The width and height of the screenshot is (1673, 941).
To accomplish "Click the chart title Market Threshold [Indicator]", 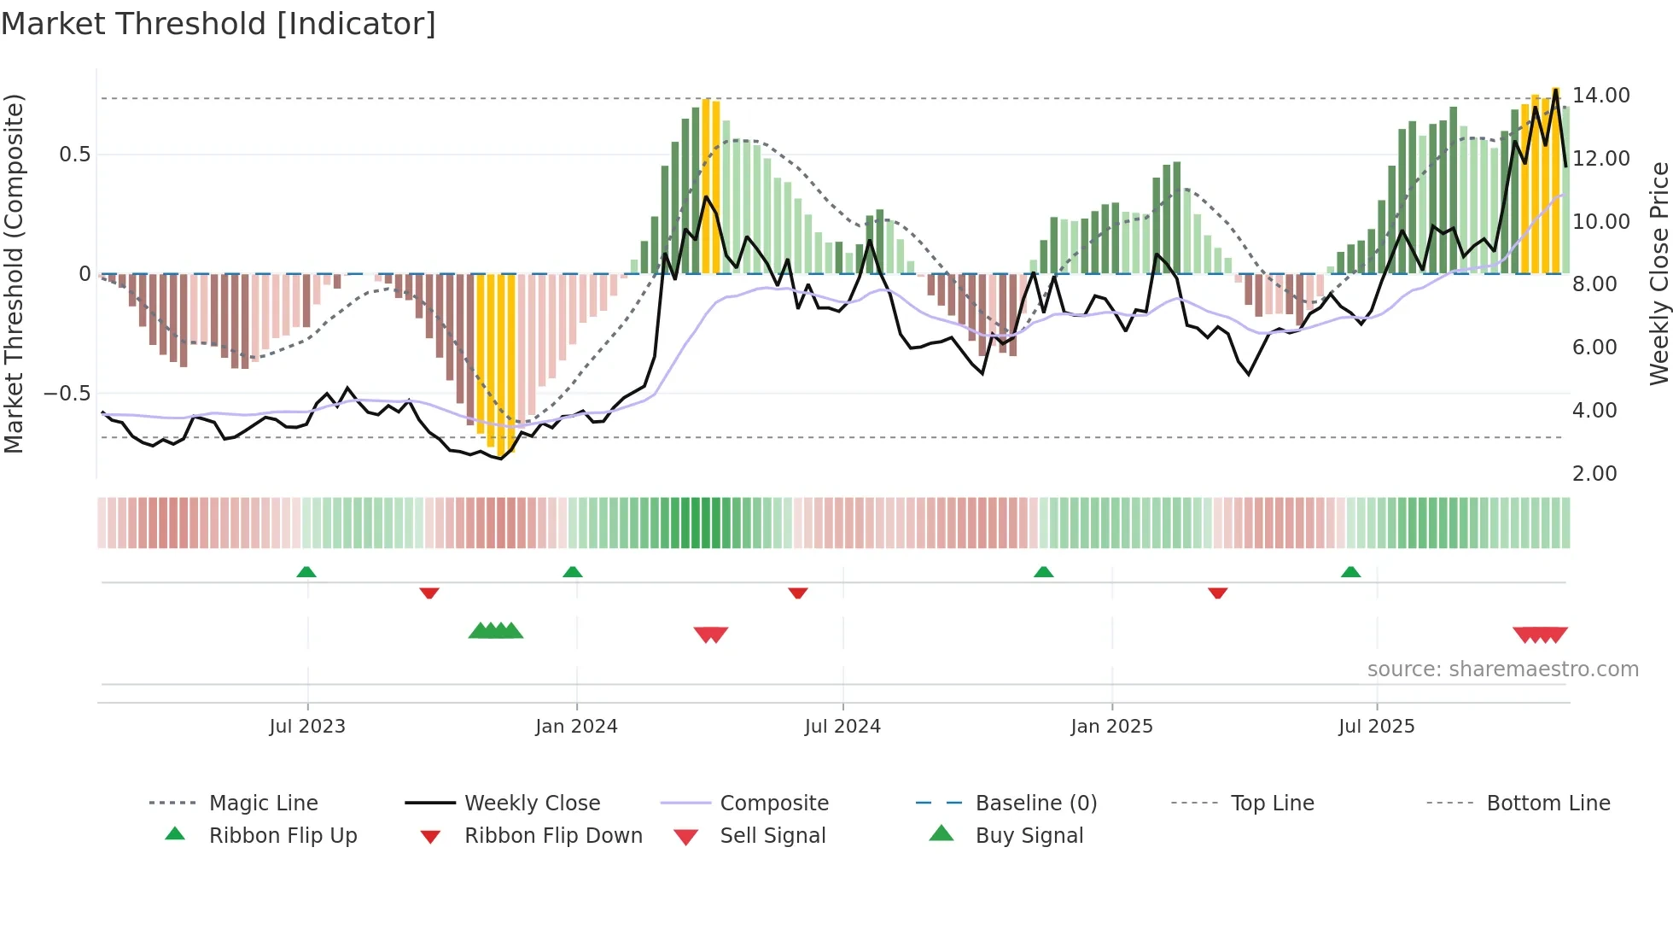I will [219, 24].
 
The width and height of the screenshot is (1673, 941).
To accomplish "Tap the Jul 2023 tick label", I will [307, 727].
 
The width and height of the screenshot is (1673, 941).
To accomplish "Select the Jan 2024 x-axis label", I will [576, 727].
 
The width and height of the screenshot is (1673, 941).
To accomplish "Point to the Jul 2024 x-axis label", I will [842, 727].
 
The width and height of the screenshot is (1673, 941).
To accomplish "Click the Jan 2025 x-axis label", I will [1111, 727].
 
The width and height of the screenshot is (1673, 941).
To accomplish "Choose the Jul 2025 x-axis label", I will [1376, 727].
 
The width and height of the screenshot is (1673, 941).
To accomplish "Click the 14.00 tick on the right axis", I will [1600, 96].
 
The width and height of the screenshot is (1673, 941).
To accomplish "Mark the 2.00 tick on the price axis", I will [1594, 474].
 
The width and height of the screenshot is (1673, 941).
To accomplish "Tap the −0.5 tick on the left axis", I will [67, 394].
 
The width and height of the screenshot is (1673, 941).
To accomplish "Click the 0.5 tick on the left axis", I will [74, 155].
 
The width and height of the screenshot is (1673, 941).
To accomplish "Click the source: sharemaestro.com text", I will [1502, 669].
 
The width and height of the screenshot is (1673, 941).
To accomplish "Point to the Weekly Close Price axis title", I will [1658, 273].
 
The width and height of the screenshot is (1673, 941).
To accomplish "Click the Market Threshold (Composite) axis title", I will [14, 273].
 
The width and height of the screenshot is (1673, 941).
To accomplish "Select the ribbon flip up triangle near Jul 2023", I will [306, 572].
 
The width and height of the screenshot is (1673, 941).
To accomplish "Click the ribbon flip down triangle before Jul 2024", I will [798, 593].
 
